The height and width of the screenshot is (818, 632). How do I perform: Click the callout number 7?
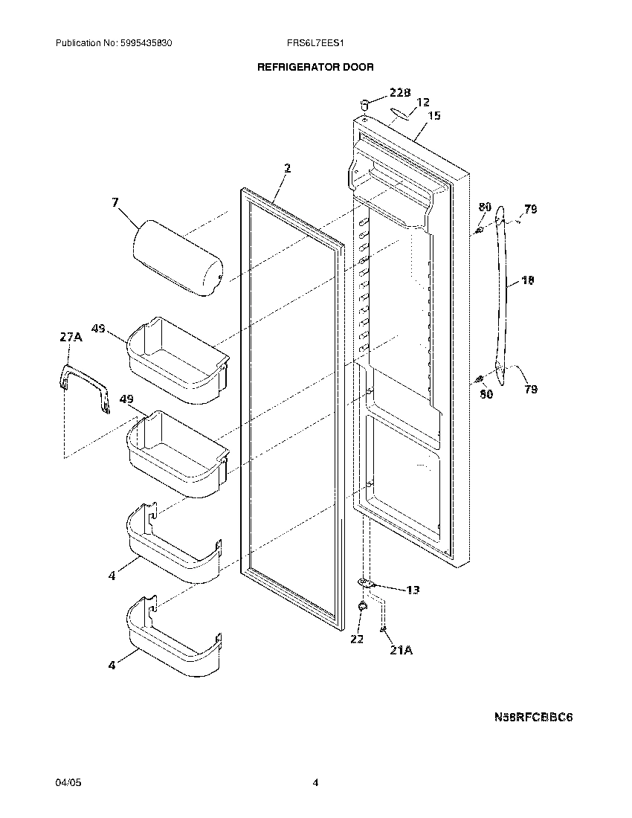pos(115,202)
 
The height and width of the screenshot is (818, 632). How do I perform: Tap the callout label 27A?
pos(71,337)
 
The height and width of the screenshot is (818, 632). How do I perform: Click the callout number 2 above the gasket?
pos(287,168)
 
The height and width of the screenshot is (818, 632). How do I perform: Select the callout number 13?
pos(412,590)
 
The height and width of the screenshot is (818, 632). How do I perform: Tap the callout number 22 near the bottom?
pos(357,639)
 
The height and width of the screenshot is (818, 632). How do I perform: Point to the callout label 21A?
pos(400,650)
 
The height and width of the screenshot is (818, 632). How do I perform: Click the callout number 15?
pos(434,115)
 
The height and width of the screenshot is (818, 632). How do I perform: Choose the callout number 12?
pos(422,103)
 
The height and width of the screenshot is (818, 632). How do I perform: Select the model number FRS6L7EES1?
pos(315,44)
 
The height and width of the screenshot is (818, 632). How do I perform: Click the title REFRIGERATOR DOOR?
pos(315,67)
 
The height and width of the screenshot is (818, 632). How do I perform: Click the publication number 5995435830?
pos(146,44)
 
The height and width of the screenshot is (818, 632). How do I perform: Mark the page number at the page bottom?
pos(315,783)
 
